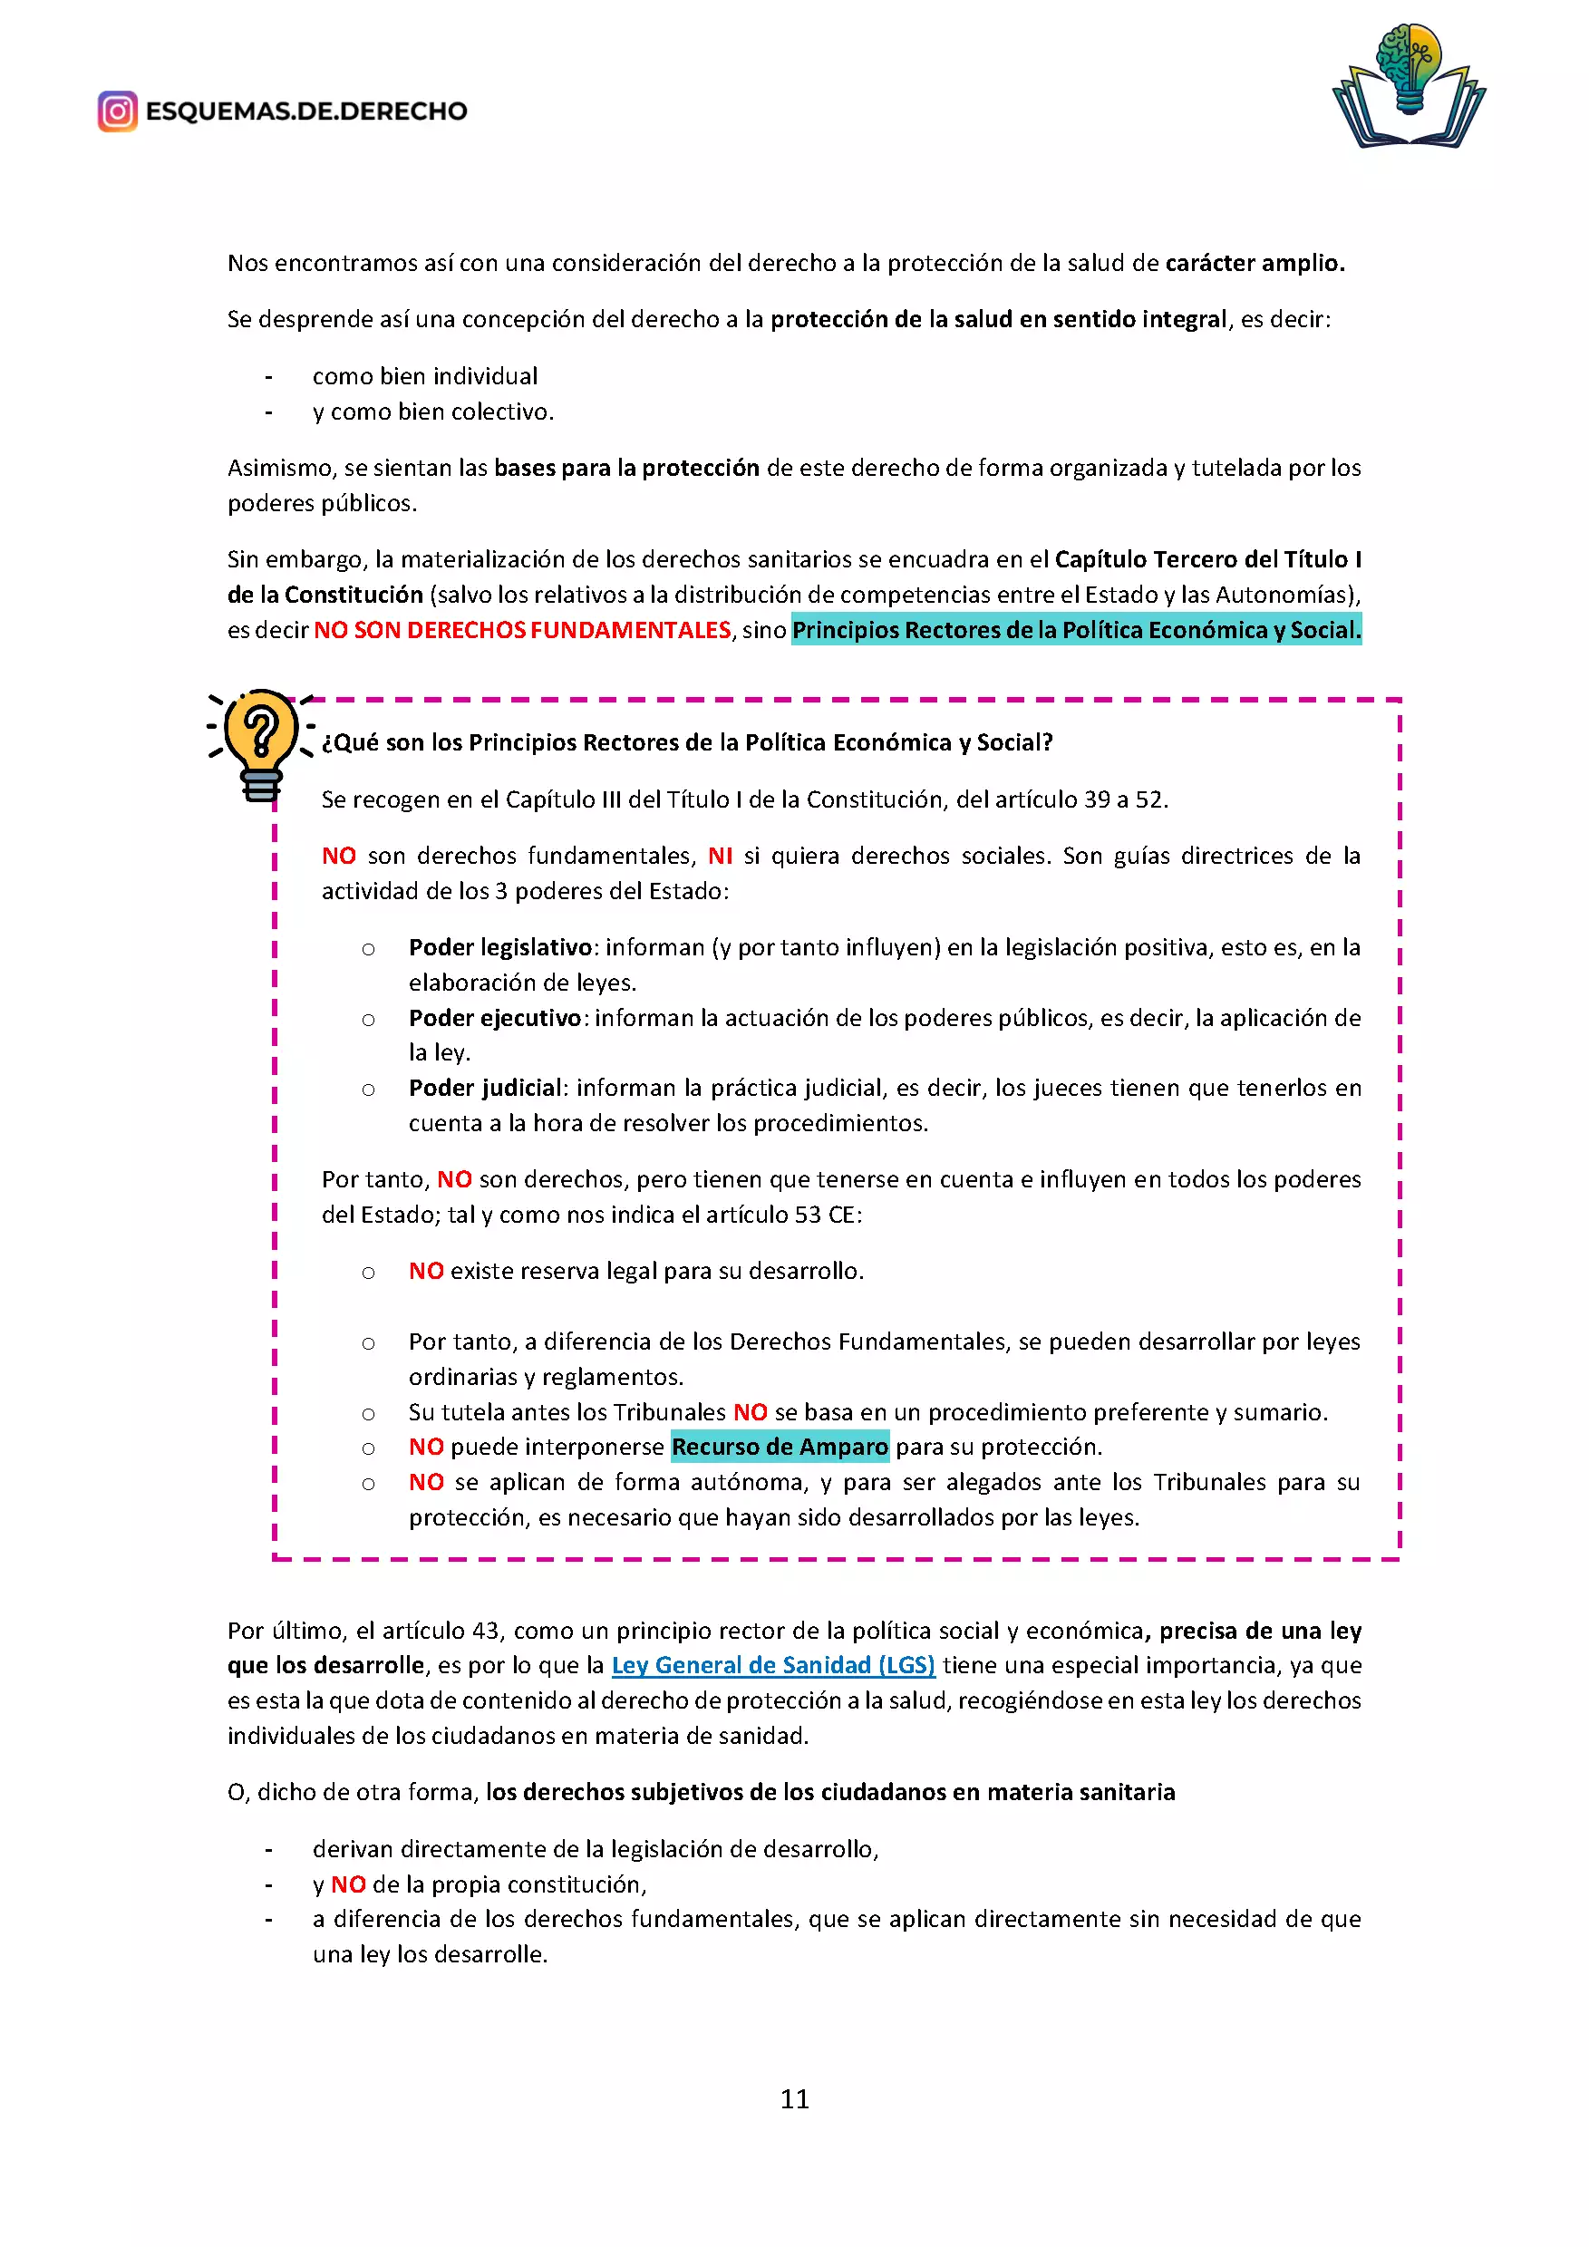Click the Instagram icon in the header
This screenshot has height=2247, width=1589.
[x=118, y=111]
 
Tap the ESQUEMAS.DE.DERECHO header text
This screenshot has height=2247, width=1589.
[x=306, y=111]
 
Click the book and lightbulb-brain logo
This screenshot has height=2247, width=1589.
[x=1408, y=86]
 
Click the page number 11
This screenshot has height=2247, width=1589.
[x=794, y=2098]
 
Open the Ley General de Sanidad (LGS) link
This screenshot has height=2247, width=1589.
[x=773, y=1665]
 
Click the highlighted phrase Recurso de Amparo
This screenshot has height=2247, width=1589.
[x=780, y=1447]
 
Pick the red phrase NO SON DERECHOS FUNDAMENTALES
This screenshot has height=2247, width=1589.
[x=522, y=630]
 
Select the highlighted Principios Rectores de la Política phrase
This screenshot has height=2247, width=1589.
[x=1076, y=630]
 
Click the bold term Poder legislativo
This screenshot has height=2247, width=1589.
[x=500, y=947]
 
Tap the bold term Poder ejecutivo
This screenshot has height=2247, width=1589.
[x=495, y=1018]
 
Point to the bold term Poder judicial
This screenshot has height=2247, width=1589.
[x=485, y=1089]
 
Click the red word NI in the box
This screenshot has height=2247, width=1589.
[x=720, y=857]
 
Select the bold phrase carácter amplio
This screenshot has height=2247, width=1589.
[x=1255, y=263]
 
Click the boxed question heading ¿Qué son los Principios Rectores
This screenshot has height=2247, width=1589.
[x=687, y=742]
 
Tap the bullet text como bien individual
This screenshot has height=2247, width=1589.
[x=424, y=377]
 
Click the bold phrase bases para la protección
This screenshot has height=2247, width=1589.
[x=626, y=468]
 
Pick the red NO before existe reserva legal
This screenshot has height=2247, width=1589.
[x=426, y=1272]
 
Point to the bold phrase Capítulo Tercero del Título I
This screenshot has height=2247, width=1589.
[x=1207, y=560]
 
